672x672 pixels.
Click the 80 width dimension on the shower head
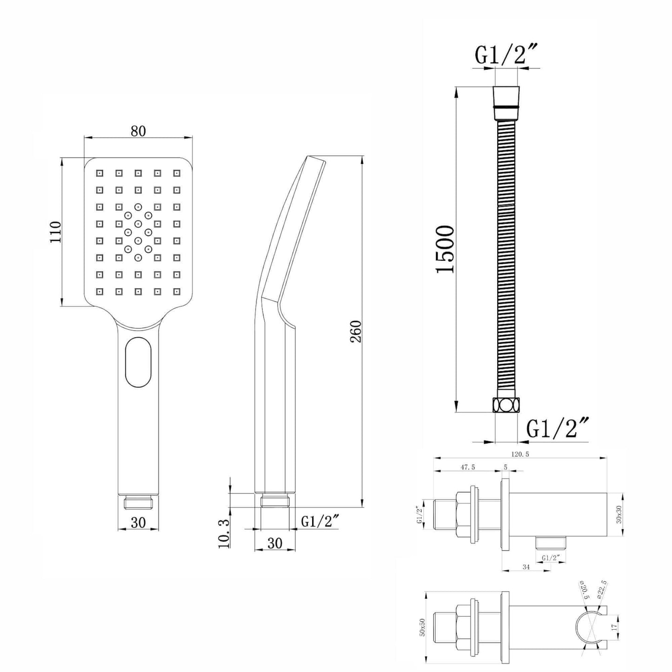tap(138, 132)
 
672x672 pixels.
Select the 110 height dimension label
tap(56, 232)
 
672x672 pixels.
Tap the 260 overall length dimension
tap(356, 331)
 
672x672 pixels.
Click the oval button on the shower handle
tap(139, 362)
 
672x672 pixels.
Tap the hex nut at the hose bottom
tap(506, 405)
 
